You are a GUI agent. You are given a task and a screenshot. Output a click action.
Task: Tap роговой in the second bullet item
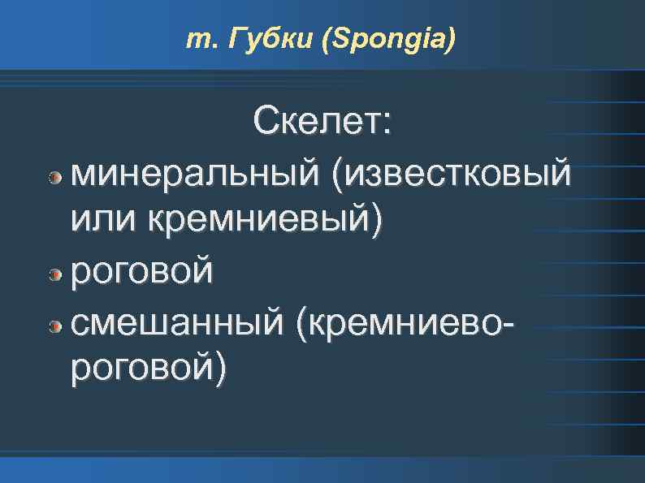[x=143, y=272]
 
